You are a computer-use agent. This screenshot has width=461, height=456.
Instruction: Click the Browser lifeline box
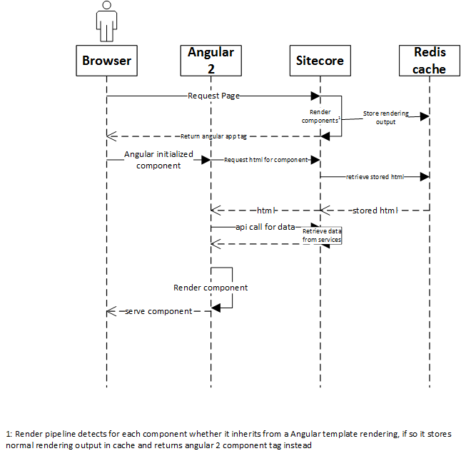106,61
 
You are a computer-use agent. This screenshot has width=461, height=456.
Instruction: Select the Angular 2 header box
211,61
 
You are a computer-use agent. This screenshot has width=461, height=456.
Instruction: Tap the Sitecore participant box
320,61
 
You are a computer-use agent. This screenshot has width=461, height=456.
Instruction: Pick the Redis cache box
430,61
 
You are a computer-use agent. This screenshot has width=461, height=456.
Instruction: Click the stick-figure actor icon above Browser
106,21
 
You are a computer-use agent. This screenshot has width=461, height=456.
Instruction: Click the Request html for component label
265,160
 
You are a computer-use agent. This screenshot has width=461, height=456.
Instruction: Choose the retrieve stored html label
375,176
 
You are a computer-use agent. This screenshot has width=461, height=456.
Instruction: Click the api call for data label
265,226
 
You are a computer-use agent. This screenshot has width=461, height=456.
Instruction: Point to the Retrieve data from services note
322,235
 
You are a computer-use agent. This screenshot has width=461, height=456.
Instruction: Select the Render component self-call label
211,288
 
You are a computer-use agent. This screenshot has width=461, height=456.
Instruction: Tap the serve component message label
158,311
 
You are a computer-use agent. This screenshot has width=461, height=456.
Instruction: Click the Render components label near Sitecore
324,116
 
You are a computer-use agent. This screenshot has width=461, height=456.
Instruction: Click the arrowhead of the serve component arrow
111,311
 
